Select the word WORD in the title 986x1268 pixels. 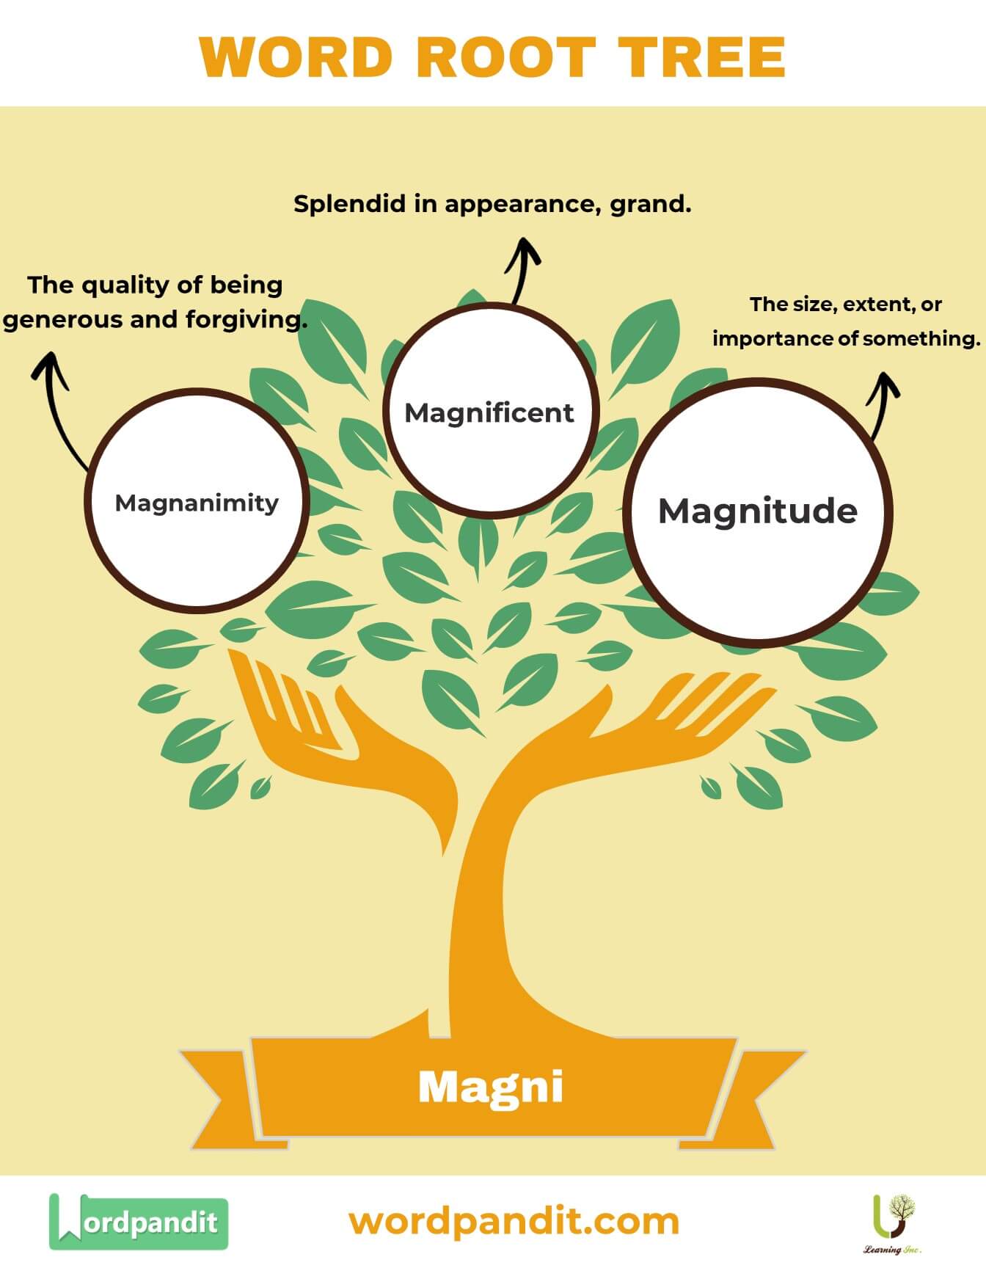click(x=295, y=57)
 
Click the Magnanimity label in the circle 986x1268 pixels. click(x=197, y=503)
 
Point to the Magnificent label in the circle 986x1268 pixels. click(x=489, y=413)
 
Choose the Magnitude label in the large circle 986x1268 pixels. click(x=758, y=511)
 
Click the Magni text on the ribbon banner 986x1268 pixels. click(x=491, y=1087)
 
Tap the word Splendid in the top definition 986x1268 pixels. click(x=350, y=204)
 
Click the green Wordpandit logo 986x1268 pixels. click(x=139, y=1222)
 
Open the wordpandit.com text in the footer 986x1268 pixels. click(x=514, y=1222)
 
